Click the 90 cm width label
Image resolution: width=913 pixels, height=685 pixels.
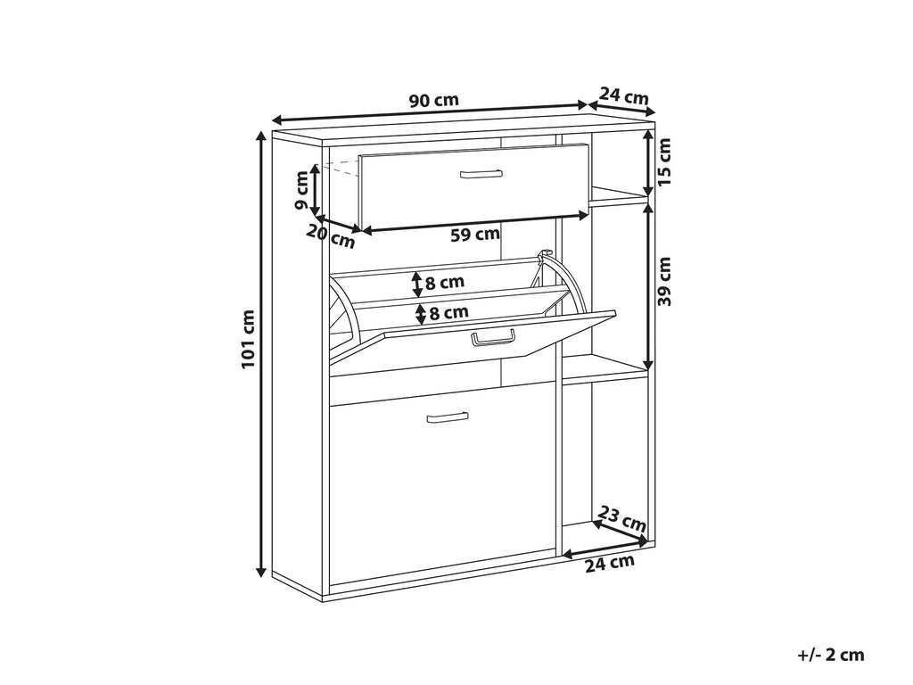tap(434, 100)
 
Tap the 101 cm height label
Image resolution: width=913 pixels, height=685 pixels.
tap(249, 339)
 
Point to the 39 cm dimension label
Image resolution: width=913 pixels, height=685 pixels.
tap(664, 281)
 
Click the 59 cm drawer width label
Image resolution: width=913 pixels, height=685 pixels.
tap(475, 235)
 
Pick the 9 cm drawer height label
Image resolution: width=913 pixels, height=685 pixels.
tap(301, 190)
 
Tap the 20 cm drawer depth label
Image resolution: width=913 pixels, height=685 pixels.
tap(331, 235)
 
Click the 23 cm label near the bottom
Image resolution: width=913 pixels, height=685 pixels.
tap(622, 518)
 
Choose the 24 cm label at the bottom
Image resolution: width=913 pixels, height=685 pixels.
tap(609, 564)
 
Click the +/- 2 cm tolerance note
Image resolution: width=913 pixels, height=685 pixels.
tap(831, 655)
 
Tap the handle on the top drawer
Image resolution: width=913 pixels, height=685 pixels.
tap(481, 174)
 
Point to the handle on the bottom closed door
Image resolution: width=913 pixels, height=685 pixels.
tap(448, 417)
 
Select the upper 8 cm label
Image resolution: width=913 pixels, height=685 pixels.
tap(444, 283)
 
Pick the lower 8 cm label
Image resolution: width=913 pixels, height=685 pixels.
tap(448, 313)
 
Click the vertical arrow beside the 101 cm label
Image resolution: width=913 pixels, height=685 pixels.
tap(262, 354)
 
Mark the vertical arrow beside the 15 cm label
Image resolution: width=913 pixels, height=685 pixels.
tap(648, 164)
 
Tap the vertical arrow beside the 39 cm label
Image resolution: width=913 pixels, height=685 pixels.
tap(648, 287)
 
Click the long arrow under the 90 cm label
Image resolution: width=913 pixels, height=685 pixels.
tap(430, 113)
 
